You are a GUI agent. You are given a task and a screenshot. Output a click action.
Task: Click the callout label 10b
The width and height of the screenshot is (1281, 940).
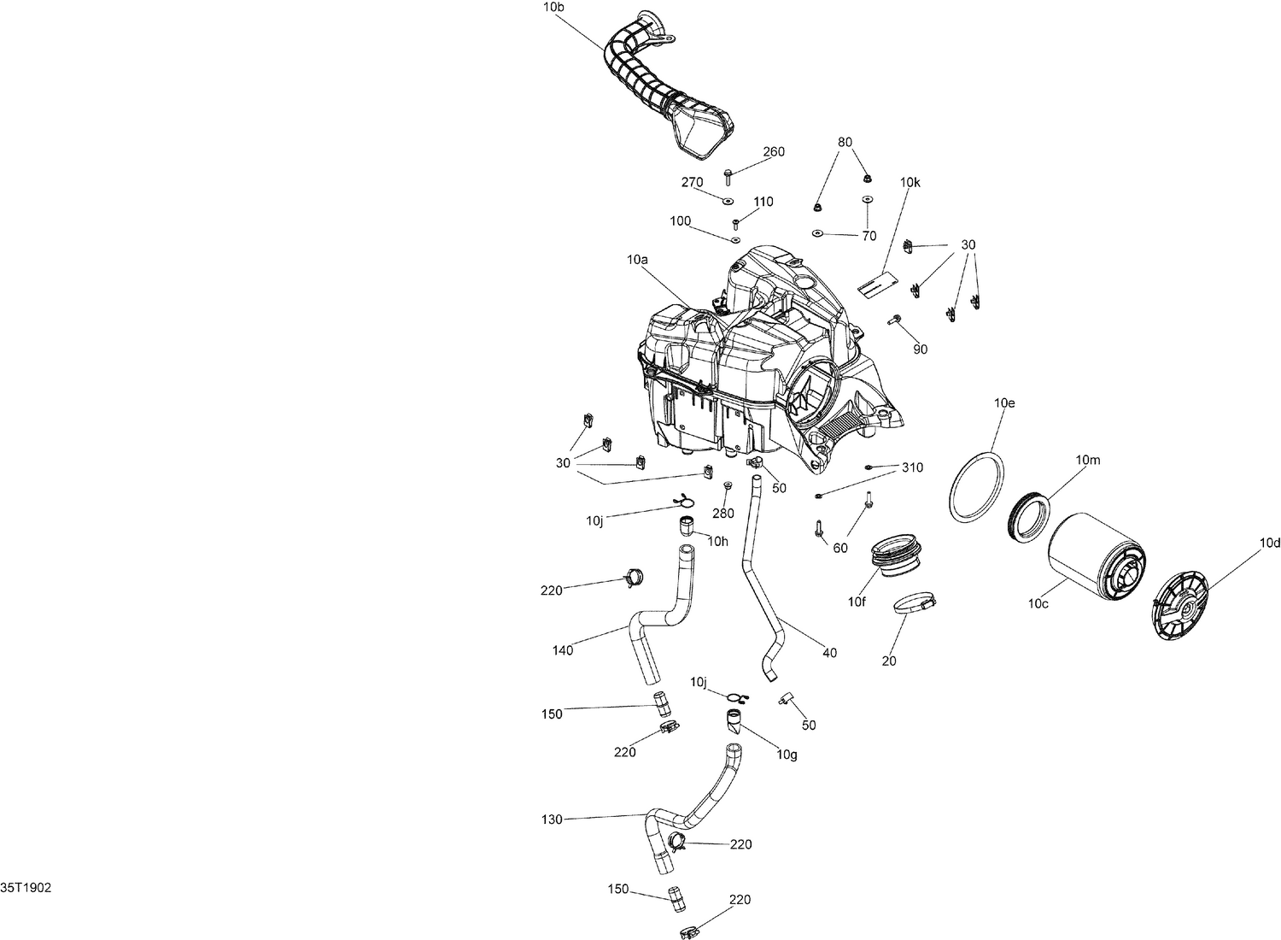(x=553, y=7)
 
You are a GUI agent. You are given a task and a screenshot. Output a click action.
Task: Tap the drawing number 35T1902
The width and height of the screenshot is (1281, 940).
(x=26, y=888)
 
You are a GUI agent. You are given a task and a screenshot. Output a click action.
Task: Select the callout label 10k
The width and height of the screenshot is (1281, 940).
(x=910, y=182)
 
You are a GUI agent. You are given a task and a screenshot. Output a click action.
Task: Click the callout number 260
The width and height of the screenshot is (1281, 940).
(x=774, y=152)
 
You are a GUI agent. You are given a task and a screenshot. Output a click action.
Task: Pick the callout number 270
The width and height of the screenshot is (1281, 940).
(x=692, y=182)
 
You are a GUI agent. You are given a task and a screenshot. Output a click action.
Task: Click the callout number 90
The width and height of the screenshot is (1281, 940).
(x=920, y=350)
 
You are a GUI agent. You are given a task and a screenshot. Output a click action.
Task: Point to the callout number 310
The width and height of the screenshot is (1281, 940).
(x=912, y=467)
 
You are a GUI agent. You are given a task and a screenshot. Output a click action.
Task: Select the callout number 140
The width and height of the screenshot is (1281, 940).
(x=563, y=650)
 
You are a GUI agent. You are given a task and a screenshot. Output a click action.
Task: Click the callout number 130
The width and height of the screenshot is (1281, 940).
(x=552, y=820)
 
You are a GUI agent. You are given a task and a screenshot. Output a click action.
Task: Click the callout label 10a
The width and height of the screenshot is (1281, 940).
(x=637, y=259)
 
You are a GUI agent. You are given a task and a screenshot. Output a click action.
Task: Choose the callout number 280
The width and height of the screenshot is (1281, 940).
(x=723, y=514)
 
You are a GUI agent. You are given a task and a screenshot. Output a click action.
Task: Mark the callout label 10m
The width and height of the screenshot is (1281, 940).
(x=1088, y=460)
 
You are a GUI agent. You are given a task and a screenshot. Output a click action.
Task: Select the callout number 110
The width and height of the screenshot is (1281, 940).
(x=763, y=202)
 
